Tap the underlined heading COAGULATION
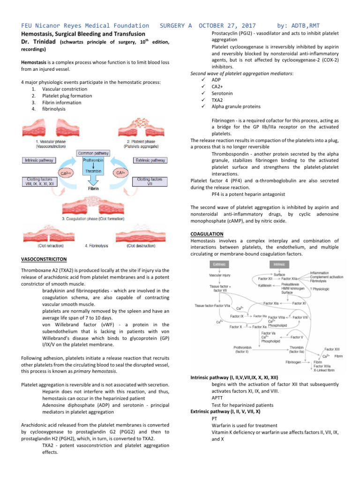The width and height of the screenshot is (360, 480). (x=207, y=233)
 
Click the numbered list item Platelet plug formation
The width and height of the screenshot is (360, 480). (x=67, y=96)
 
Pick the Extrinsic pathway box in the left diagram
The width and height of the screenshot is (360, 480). (x=151, y=160)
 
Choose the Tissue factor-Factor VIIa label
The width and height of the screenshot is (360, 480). (x=212, y=306)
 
